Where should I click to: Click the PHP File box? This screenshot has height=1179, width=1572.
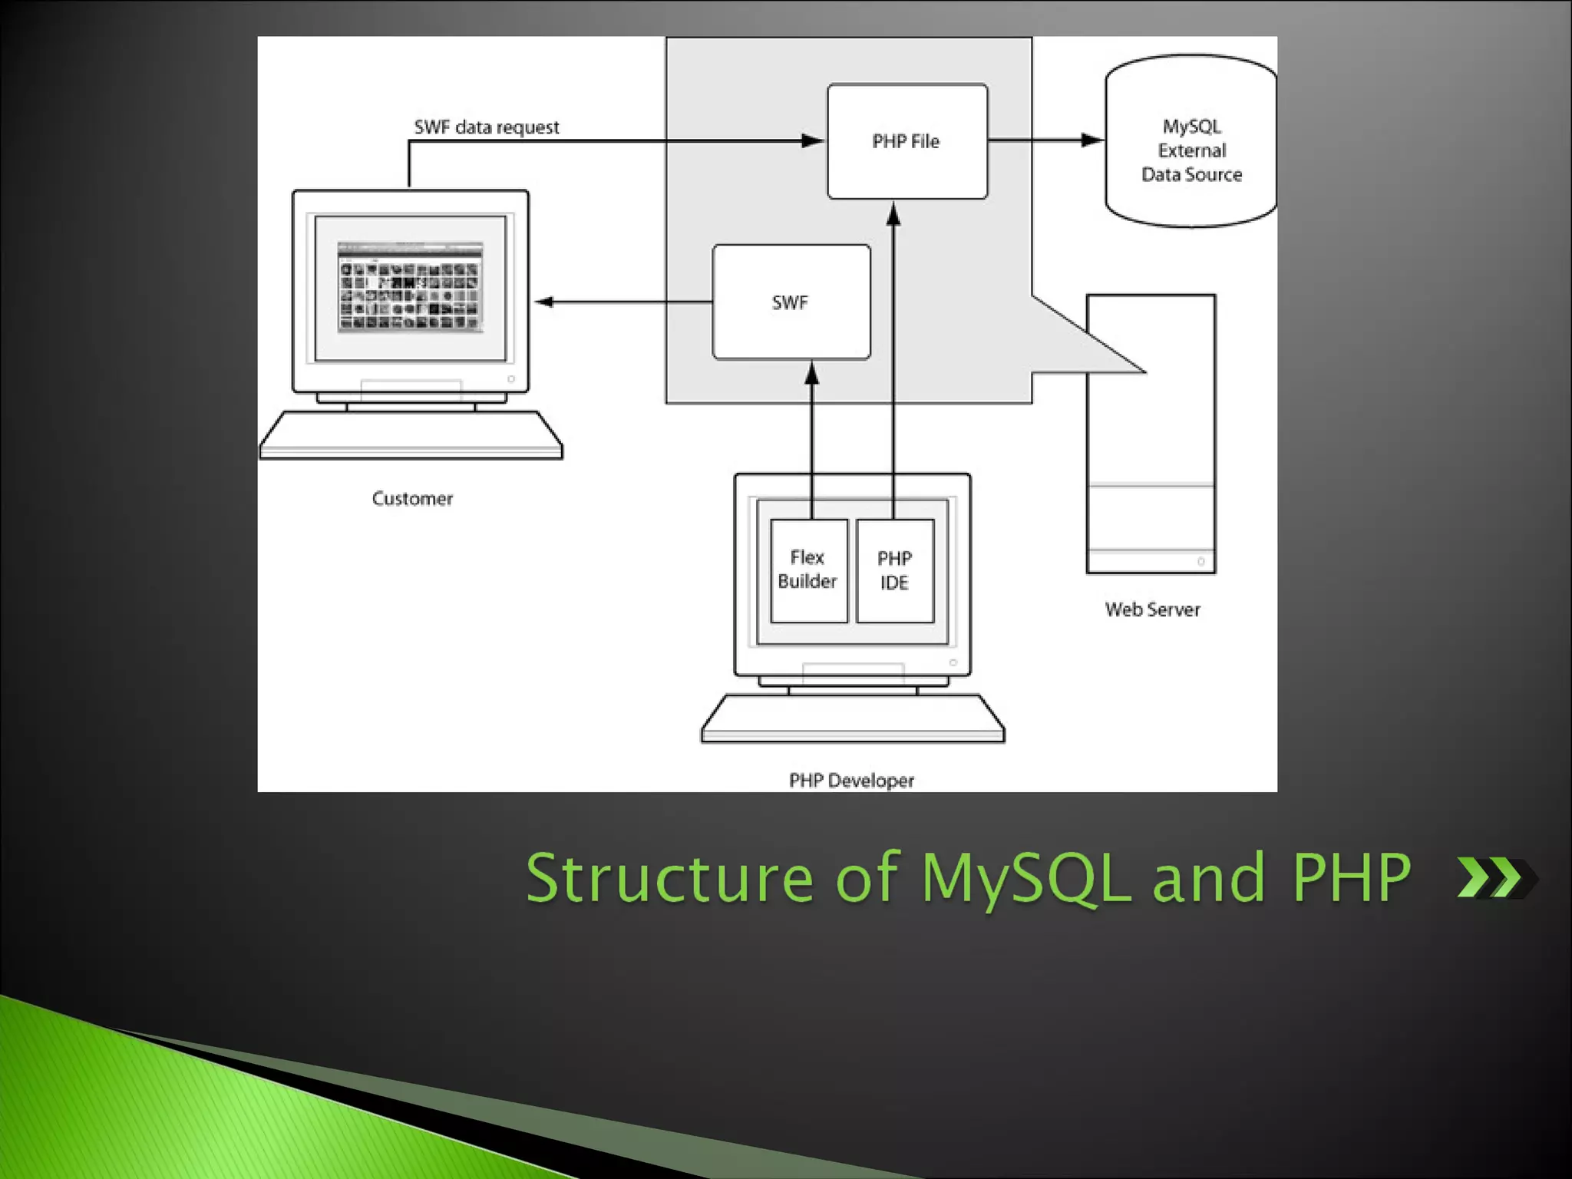907,141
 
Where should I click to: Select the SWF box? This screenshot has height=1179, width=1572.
791,302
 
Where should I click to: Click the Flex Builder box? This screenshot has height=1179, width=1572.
808,570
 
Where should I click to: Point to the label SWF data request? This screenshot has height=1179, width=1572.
487,127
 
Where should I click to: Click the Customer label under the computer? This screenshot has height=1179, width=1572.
412,499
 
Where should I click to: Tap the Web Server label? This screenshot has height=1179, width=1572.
1152,609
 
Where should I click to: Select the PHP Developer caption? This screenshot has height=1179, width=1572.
851,781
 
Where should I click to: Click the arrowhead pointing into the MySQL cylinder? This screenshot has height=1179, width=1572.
1092,140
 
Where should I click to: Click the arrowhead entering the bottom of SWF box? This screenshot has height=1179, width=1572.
812,374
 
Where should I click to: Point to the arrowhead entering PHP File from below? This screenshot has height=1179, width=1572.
893,214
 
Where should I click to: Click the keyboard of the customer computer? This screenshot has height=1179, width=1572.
411,437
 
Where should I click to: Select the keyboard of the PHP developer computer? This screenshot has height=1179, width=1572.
852,720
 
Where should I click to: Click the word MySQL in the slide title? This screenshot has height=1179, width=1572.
1025,879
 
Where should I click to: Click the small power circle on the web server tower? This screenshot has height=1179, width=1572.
1200,562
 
